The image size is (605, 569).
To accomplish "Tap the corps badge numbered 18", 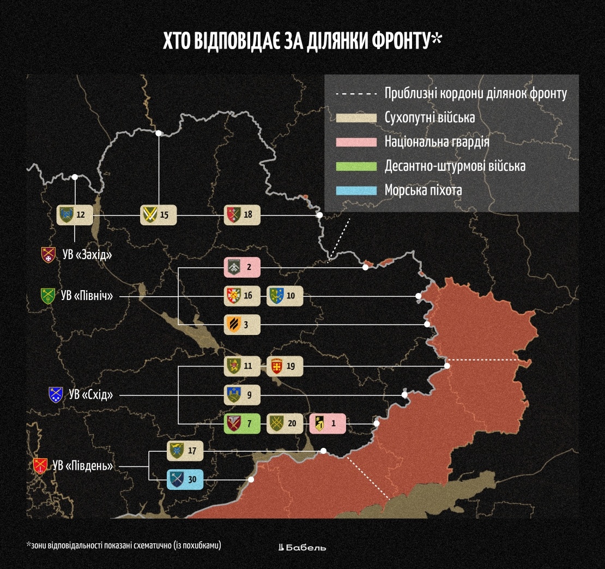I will pyautogui.click(x=242, y=215).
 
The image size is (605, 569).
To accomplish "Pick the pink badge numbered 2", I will pyautogui.click(x=242, y=267).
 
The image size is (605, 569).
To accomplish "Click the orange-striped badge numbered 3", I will pyautogui.click(x=242, y=325).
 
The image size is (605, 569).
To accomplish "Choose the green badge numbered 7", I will pyautogui.click(x=242, y=423).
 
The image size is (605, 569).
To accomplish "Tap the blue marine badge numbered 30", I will pyautogui.click(x=185, y=480).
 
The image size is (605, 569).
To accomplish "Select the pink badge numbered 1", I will pyautogui.click(x=328, y=423).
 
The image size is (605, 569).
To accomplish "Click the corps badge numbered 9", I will pyautogui.click(x=242, y=394).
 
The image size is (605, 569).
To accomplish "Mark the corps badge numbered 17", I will pyautogui.click(x=185, y=451).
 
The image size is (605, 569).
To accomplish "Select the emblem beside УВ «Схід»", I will pyautogui.click(x=56, y=394).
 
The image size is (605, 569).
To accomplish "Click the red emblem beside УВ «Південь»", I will pyautogui.click(x=40, y=466).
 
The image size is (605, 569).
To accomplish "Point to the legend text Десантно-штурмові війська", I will pyautogui.click(x=455, y=166).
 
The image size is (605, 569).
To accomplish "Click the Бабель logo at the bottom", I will pyautogui.click(x=302, y=547).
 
